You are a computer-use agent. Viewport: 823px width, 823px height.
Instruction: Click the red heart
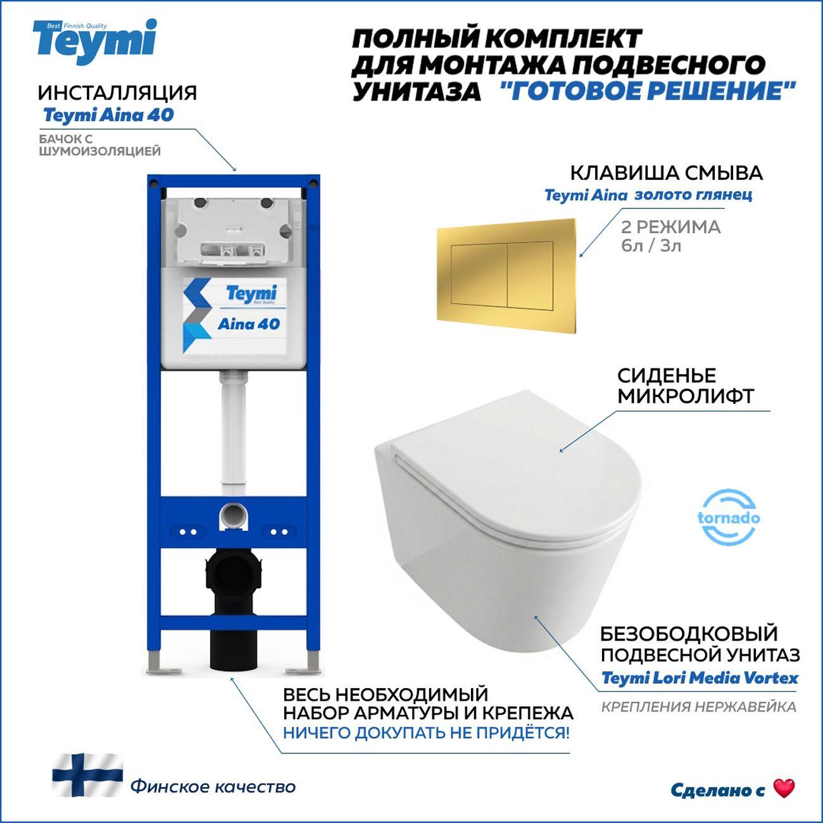click(x=784, y=789)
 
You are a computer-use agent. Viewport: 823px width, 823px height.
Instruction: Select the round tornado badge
click(x=729, y=517)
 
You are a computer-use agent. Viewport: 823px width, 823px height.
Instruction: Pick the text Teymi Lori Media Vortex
click(x=699, y=678)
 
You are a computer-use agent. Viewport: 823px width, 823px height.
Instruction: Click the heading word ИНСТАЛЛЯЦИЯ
click(x=117, y=92)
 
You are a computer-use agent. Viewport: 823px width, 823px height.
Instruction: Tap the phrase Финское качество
click(x=213, y=787)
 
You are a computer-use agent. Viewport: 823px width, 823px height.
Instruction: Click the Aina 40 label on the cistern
click(x=248, y=324)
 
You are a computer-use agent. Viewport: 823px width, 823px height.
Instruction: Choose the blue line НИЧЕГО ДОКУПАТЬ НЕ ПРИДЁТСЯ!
click(x=425, y=733)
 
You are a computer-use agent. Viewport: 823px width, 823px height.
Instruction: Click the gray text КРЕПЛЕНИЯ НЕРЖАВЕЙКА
click(x=698, y=707)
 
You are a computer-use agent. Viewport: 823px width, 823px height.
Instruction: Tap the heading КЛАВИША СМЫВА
click(x=666, y=172)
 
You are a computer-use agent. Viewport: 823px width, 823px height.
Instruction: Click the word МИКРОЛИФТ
click(x=686, y=396)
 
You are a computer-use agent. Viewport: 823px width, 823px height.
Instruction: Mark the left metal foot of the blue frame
click(x=156, y=665)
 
